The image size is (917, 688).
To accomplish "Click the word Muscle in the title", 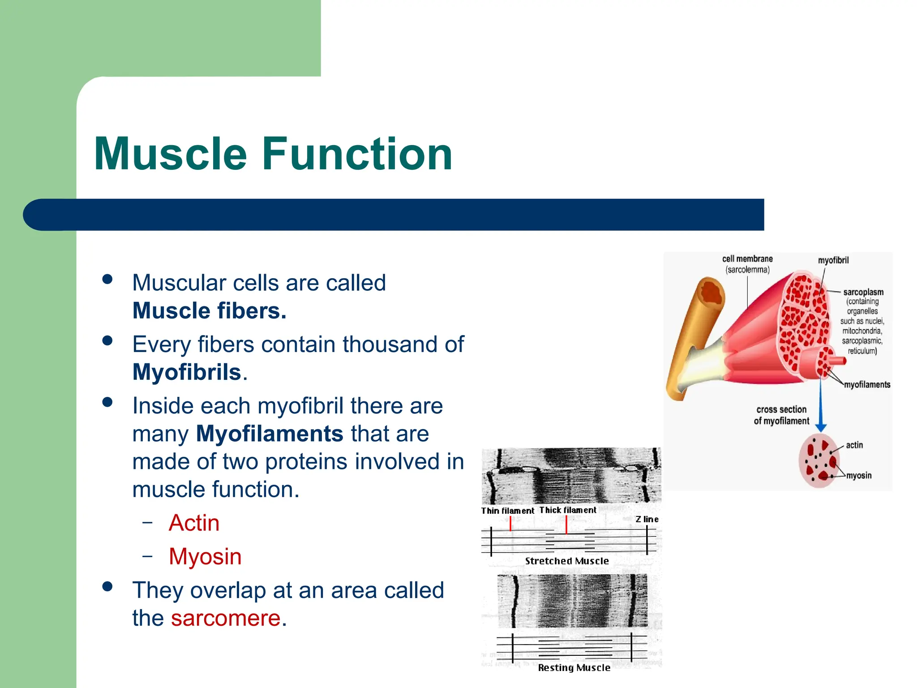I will click(x=170, y=154).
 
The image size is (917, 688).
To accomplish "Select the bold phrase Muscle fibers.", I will click(x=209, y=311).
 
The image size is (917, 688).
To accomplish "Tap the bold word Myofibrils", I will click(x=187, y=372).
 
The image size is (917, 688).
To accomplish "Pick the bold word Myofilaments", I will click(x=270, y=434).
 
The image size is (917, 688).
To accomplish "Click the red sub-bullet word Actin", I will click(x=194, y=523).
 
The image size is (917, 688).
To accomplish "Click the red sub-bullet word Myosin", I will click(x=205, y=556).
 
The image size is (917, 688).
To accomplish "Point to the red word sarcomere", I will click(x=226, y=618).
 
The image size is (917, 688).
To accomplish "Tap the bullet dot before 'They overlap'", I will click(x=107, y=587).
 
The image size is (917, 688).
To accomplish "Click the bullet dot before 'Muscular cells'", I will click(x=107, y=279).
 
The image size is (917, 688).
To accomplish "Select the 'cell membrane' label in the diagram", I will click(x=747, y=259).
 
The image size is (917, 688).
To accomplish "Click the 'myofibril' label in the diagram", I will click(x=833, y=260).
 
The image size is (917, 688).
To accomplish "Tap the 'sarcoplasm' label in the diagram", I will click(x=863, y=292).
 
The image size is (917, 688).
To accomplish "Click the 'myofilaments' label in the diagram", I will click(x=867, y=385).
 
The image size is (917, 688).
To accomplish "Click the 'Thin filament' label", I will click(x=507, y=511).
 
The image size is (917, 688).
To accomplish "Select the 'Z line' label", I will click(x=647, y=519).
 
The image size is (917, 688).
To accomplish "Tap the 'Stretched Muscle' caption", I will click(x=567, y=561).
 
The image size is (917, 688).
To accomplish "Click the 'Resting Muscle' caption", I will click(x=574, y=667).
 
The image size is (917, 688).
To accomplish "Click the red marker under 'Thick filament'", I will click(x=566, y=525).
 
